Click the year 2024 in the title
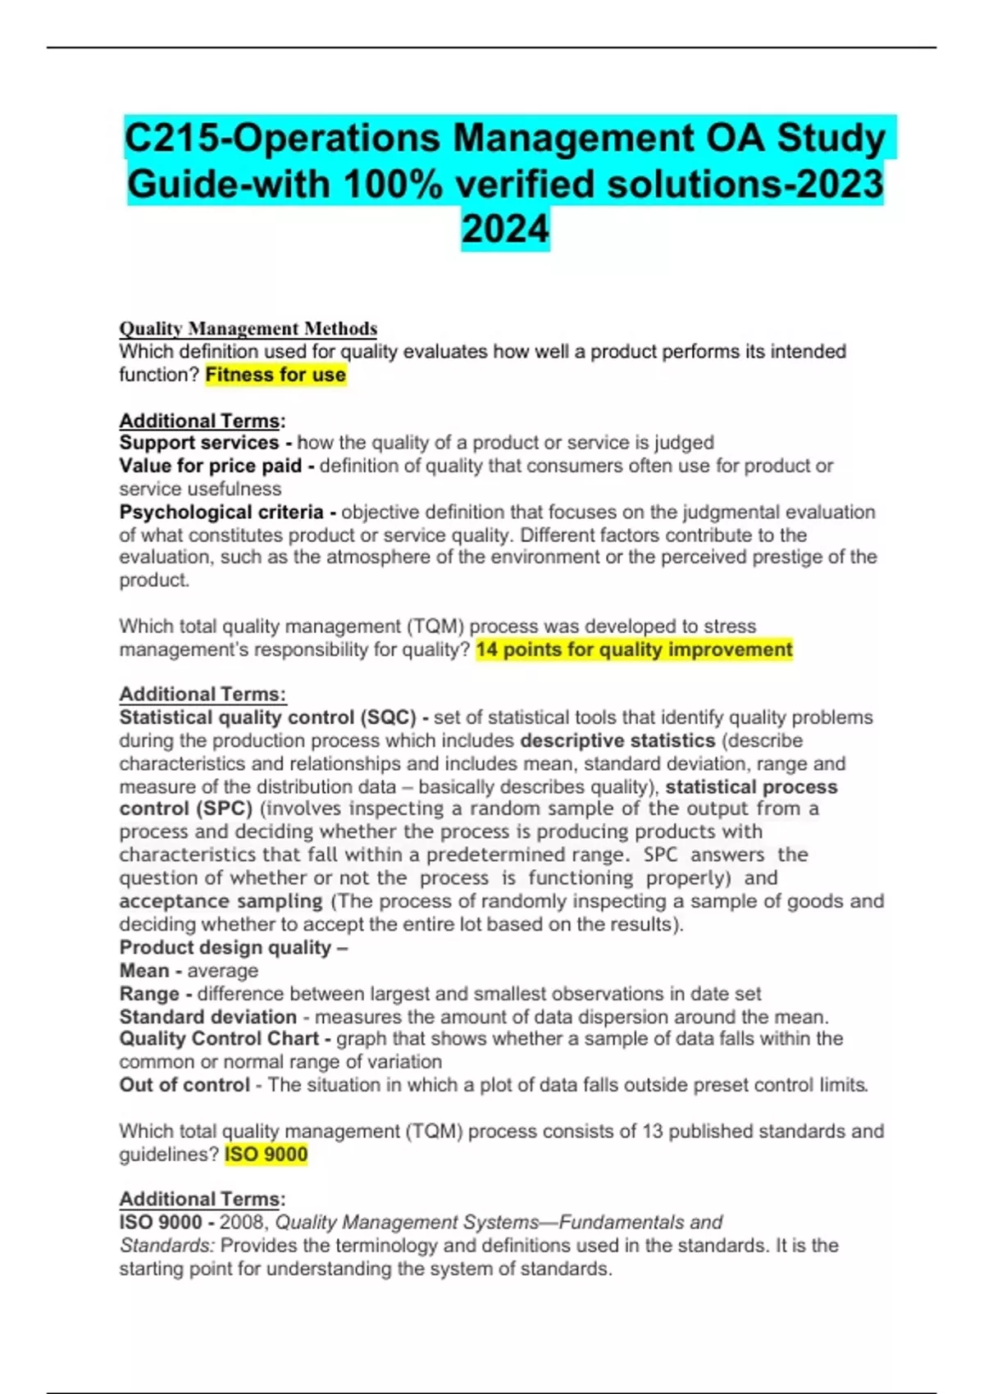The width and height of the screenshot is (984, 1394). (x=504, y=229)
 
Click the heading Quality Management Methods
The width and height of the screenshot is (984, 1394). (x=248, y=329)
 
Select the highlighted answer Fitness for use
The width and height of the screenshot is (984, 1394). (x=276, y=375)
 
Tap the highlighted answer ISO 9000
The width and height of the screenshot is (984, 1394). (x=266, y=1155)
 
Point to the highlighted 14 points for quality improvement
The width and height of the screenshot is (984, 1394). (x=634, y=649)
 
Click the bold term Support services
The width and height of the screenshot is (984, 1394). (x=199, y=443)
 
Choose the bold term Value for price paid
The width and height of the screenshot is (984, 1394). (x=211, y=466)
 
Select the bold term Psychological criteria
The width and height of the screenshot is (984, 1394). (x=221, y=512)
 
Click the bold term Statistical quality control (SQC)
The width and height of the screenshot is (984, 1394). (x=268, y=717)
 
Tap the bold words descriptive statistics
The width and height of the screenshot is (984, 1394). (x=617, y=740)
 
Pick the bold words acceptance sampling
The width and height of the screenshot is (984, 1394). (x=221, y=901)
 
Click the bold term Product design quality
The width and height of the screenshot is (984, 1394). (x=225, y=947)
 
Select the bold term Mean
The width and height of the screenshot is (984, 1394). (x=144, y=971)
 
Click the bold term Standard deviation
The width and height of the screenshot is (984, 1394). (x=207, y=1017)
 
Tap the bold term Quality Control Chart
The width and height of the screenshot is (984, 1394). (x=218, y=1039)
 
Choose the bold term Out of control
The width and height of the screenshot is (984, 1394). (x=184, y=1085)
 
